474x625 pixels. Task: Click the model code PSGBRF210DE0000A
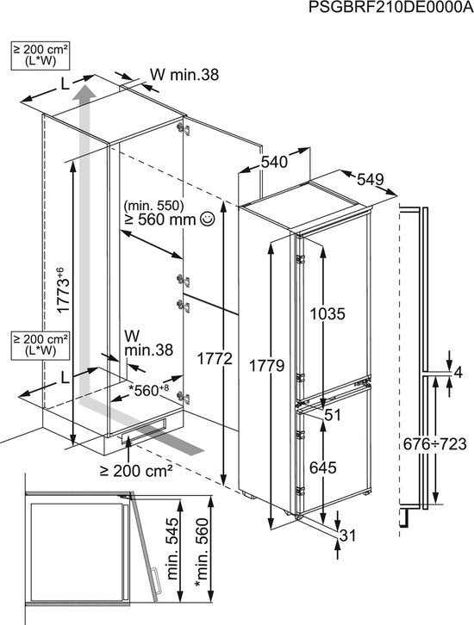[390, 8]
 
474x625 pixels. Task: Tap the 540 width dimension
[274, 162]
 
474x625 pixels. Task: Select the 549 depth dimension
[370, 179]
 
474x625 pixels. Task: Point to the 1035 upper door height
[327, 314]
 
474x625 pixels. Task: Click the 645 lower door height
[323, 467]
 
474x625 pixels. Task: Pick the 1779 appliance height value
[266, 365]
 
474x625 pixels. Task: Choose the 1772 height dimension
[215, 359]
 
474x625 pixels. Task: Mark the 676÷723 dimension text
[434, 443]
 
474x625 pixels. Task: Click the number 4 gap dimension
[458, 373]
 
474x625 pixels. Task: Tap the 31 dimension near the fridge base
[347, 535]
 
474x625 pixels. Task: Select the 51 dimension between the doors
[333, 415]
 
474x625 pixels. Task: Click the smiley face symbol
[208, 219]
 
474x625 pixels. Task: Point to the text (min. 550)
[153, 205]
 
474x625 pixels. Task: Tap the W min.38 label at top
[184, 75]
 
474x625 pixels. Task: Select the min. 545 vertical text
[173, 548]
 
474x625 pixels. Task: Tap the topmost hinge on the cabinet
[184, 129]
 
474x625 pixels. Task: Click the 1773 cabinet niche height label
[64, 290]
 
